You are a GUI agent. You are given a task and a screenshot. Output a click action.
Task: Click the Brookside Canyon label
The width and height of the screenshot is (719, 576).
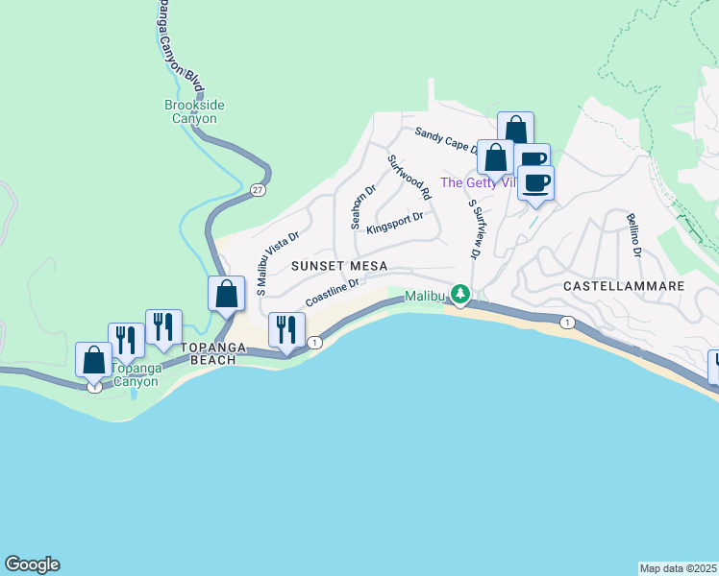tap(190, 111)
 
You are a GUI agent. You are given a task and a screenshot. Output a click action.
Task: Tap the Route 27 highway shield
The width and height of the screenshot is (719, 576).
tap(258, 190)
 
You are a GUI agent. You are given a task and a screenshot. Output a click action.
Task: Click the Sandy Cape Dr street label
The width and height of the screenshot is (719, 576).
tap(446, 140)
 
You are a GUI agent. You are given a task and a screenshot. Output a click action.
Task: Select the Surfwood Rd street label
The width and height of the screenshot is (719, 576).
tap(409, 177)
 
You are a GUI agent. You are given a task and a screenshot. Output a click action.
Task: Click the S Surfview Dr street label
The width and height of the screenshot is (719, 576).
tap(474, 229)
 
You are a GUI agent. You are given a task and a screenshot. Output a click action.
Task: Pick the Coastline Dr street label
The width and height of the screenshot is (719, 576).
tap(333, 292)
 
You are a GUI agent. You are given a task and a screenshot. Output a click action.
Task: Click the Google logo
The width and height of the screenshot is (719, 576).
tap(32, 564)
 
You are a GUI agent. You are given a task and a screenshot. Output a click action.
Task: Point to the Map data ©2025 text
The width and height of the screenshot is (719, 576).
tap(679, 568)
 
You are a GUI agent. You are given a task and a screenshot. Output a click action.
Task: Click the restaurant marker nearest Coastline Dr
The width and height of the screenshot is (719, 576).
tap(285, 330)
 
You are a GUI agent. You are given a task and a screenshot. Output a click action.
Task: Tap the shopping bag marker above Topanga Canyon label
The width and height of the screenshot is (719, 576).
tap(94, 360)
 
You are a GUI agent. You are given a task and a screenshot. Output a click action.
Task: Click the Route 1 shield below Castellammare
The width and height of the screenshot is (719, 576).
tap(568, 323)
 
